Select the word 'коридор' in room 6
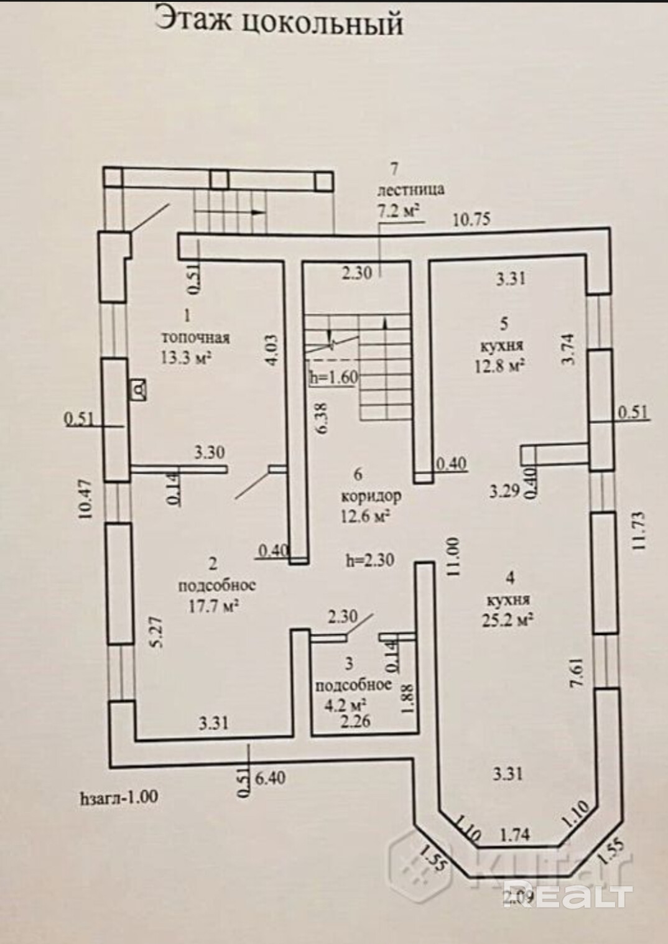pyautogui.click(x=371, y=497)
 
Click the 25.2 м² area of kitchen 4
pyautogui.click(x=510, y=619)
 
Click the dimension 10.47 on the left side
pyautogui.click(x=86, y=499)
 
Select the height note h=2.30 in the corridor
pyautogui.click(x=371, y=560)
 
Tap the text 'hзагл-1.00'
pyautogui.click(x=119, y=797)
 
